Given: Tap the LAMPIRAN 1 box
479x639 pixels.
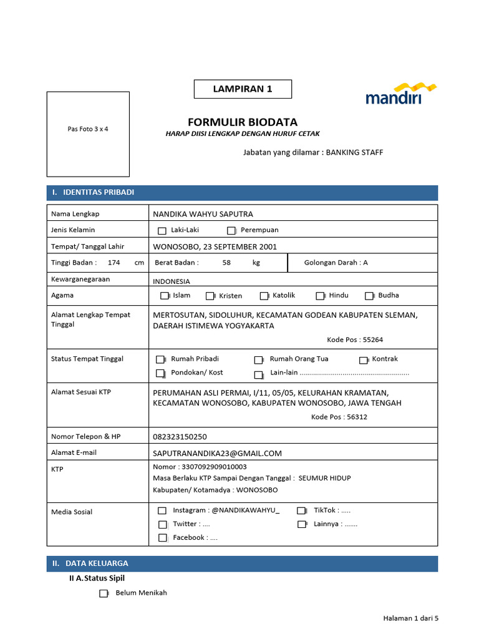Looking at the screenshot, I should pyautogui.click(x=243, y=89).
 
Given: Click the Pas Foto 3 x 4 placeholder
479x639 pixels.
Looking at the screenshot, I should pyautogui.click(x=88, y=130).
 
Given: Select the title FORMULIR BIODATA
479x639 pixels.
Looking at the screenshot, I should pyautogui.click(x=243, y=122).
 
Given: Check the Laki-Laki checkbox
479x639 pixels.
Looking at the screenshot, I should pyautogui.click(x=162, y=231).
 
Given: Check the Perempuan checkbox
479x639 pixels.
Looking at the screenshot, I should pyautogui.click(x=231, y=231).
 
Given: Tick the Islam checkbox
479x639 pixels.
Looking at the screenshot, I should pyautogui.click(x=165, y=296).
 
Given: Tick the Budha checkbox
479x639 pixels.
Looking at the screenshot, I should pyautogui.click(x=369, y=296).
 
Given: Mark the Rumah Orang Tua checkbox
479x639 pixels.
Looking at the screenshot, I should pyautogui.click(x=258, y=360).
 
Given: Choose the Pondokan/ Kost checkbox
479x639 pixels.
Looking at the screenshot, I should pyautogui.click(x=160, y=374).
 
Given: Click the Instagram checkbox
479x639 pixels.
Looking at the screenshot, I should pyautogui.click(x=162, y=511).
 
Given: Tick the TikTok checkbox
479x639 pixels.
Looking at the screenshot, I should pyautogui.click(x=302, y=511).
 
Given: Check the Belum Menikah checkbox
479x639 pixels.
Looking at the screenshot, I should pyautogui.click(x=104, y=594).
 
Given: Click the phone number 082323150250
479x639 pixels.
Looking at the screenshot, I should pyautogui.click(x=180, y=437).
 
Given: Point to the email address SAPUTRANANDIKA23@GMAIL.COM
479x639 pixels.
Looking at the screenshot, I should pyautogui.click(x=218, y=454).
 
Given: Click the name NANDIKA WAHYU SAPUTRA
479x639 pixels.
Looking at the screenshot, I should pyautogui.click(x=203, y=214).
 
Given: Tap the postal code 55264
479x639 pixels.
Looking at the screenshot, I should pyautogui.click(x=373, y=340).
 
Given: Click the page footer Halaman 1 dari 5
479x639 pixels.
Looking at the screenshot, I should pyautogui.click(x=411, y=618).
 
